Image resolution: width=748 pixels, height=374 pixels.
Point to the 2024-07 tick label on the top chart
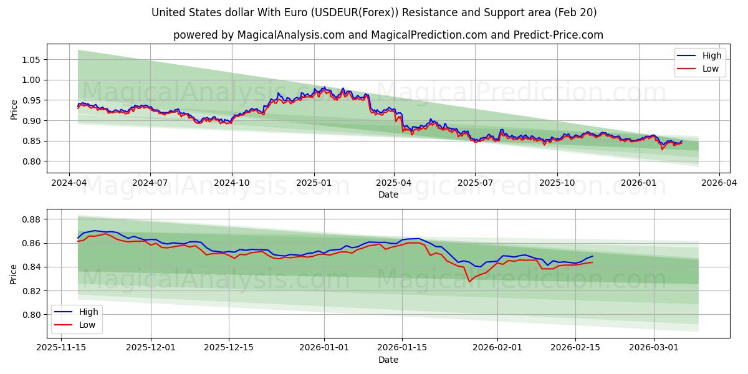(150, 183)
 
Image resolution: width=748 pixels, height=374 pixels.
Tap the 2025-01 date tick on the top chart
(313, 183)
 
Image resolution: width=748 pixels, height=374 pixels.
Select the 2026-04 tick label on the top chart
(719, 183)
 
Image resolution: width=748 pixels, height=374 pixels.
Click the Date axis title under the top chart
(388, 194)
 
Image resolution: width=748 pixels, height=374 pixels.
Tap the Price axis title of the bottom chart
(14, 274)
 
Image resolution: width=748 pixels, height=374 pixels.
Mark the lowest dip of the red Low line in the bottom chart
(469, 282)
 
